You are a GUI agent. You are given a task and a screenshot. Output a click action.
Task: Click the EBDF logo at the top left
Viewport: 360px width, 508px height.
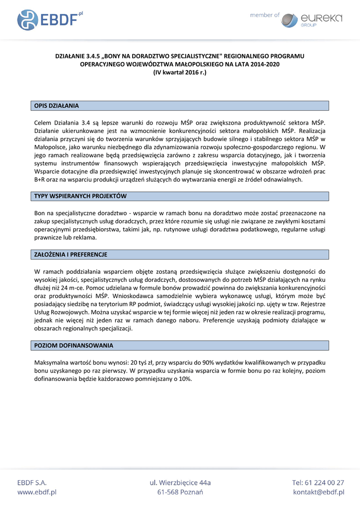click(50, 19)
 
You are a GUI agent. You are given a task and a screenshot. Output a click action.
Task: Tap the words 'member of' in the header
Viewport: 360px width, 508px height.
click(265, 15)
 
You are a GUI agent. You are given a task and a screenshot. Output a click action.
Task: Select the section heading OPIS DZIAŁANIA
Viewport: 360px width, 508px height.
click(56, 106)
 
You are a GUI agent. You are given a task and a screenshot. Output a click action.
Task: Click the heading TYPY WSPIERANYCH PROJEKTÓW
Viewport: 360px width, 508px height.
click(80, 196)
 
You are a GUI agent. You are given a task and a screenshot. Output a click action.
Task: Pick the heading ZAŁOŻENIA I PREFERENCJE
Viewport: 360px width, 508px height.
click(71, 254)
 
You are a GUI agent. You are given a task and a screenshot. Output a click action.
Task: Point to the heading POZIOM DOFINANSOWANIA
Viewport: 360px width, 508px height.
click(73, 345)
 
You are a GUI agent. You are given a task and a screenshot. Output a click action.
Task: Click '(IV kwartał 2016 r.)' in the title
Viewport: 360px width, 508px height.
click(179, 72)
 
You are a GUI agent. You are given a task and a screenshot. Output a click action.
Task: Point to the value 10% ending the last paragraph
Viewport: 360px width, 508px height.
click(185, 379)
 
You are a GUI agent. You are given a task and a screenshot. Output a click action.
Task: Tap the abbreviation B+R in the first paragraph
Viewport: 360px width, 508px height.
click(39, 180)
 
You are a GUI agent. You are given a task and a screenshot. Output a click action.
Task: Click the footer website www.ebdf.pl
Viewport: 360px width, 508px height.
click(37, 492)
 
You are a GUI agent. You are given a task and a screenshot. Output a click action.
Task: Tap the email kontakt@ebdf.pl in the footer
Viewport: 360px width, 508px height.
click(318, 492)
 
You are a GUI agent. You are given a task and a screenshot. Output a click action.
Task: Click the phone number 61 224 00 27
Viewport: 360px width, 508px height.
click(325, 482)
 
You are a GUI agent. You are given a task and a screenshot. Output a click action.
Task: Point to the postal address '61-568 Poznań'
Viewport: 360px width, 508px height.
click(180, 492)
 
